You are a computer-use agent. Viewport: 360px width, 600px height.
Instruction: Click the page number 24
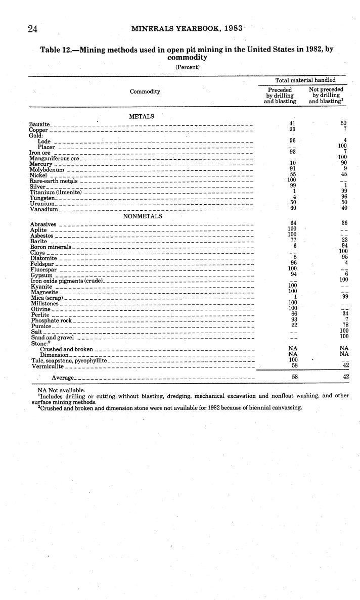[34, 29]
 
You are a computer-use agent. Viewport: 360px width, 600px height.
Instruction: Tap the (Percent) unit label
[188, 67]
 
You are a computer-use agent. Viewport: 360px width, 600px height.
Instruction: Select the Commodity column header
[145, 91]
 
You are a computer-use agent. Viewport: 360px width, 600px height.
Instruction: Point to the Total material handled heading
[305, 80]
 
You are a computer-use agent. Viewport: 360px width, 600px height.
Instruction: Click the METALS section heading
[142, 116]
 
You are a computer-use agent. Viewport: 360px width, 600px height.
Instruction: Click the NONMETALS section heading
[143, 216]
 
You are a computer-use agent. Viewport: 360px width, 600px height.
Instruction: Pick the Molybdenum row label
[47, 169]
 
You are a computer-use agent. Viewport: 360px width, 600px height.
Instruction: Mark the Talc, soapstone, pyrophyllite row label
[68, 360]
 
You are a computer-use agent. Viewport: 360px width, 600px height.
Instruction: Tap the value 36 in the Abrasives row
[345, 223]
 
